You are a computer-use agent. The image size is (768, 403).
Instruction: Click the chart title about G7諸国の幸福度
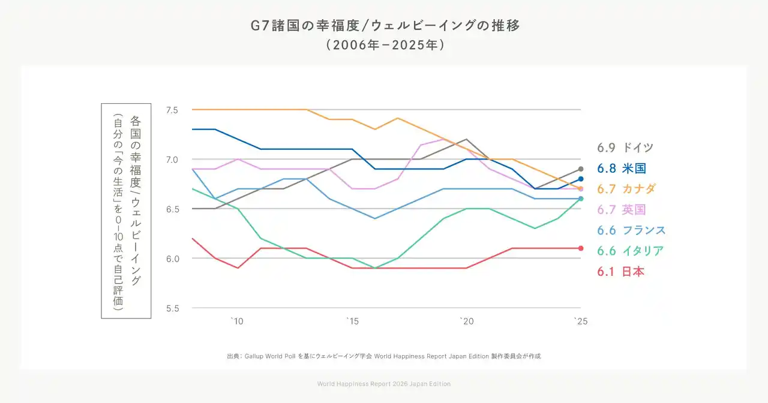(x=384, y=26)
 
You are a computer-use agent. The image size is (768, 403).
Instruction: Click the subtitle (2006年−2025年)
(x=384, y=45)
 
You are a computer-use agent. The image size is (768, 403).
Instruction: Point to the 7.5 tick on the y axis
(x=172, y=110)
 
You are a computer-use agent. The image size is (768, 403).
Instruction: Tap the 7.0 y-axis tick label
(x=172, y=160)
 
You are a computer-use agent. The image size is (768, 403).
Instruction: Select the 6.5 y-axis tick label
(x=172, y=209)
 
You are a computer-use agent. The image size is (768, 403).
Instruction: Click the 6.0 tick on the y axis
(x=172, y=258)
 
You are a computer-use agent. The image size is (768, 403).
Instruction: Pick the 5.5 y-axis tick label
(x=172, y=308)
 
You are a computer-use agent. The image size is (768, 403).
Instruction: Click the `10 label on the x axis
(x=237, y=322)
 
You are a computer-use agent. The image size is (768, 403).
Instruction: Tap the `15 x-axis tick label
(x=352, y=322)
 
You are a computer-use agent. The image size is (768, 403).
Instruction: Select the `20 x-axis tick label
(x=466, y=322)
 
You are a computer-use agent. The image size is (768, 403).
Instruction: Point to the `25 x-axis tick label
(x=580, y=322)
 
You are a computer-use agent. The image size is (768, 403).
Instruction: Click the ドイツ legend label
(x=638, y=148)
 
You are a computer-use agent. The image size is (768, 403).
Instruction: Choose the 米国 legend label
(x=634, y=169)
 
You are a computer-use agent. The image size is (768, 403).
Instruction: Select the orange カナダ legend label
(x=639, y=189)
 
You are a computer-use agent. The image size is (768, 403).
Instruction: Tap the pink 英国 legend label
(x=634, y=210)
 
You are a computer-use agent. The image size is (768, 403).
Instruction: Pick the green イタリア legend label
(x=643, y=251)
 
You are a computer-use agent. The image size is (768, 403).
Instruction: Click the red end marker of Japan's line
(x=581, y=248)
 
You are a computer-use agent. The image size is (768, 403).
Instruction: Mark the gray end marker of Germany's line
(x=581, y=169)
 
